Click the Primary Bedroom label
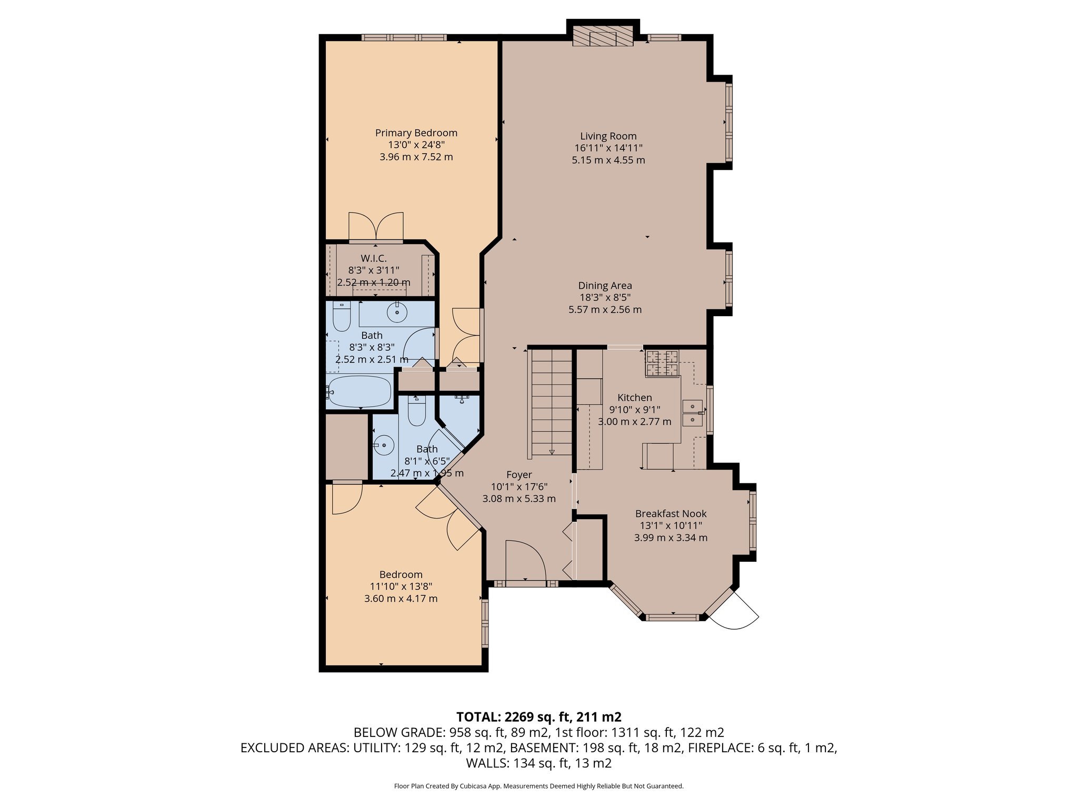coord(416,133)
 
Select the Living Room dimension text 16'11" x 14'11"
coord(608,148)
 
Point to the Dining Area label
coord(605,286)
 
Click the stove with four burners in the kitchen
coord(662,363)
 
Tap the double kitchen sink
coord(692,413)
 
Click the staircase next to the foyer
coord(551,402)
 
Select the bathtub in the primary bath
coord(358,391)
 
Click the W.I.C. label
coord(373,258)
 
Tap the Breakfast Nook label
coord(671,513)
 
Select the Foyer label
coord(519,474)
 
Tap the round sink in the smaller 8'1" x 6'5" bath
coord(385,446)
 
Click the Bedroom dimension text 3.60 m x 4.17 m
coord(401,599)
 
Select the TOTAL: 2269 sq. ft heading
coord(538,716)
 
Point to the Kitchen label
coord(634,398)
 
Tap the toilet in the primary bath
coord(342,317)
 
